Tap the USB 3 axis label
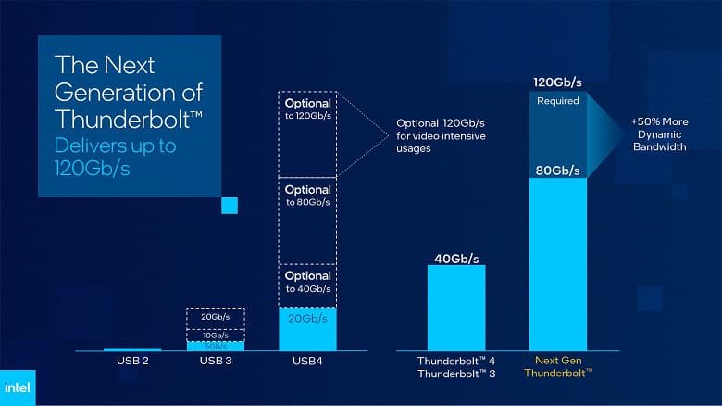point(216,361)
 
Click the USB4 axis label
point(307,361)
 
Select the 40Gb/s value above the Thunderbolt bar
point(456,259)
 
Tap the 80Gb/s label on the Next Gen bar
point(557,171)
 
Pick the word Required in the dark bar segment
point(557,100)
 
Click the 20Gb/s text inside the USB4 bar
point(307,320)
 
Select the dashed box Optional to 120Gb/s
point(307,134)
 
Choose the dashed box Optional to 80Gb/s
point(307,221)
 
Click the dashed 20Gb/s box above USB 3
point(216,318)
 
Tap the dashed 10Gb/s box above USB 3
point(216,335)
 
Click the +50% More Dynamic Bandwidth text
point(659,134)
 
